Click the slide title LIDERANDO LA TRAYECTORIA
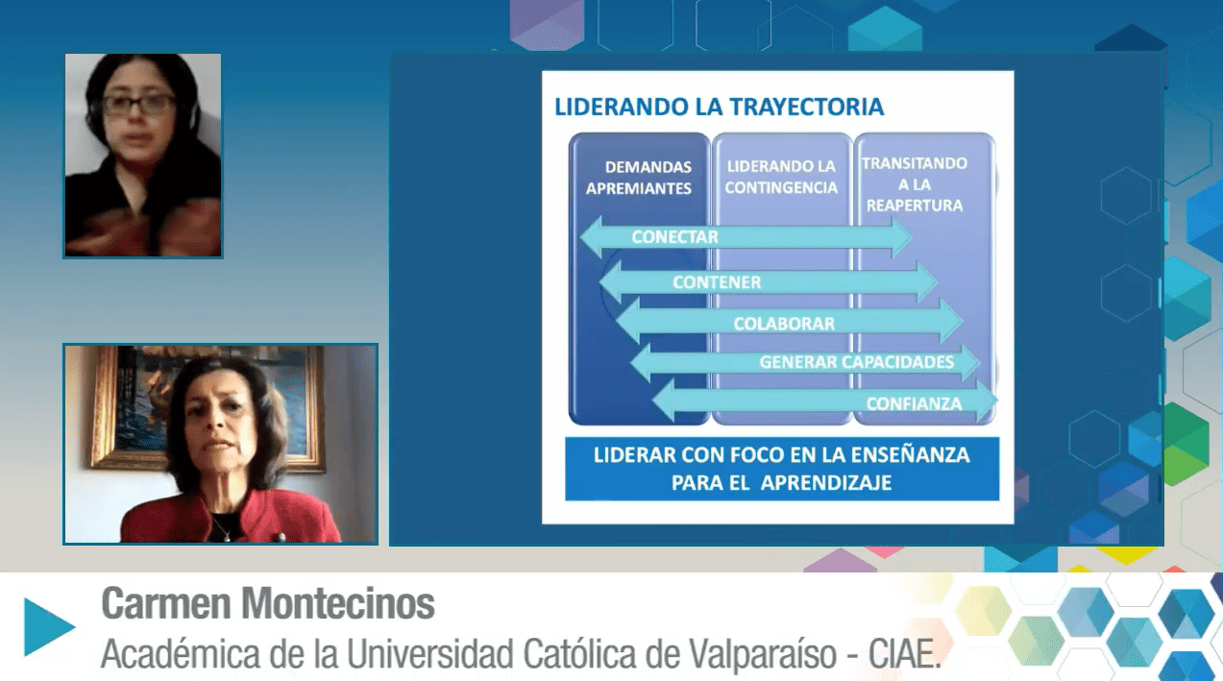pos(719,107)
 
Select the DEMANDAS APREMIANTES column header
pos(639,178)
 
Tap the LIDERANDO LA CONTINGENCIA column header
pos(781,178)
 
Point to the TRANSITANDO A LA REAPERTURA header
pos(914,184)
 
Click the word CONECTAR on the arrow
pos(674,237)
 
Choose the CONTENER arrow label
pos(717,282)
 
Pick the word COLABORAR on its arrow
pos(784,324)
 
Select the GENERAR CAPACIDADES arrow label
pos(856,362)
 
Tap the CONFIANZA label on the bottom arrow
pos(914,403)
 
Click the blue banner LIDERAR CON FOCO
pos(781,469)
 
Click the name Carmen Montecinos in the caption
pos(268,604)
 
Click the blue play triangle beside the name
pos(49,627)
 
